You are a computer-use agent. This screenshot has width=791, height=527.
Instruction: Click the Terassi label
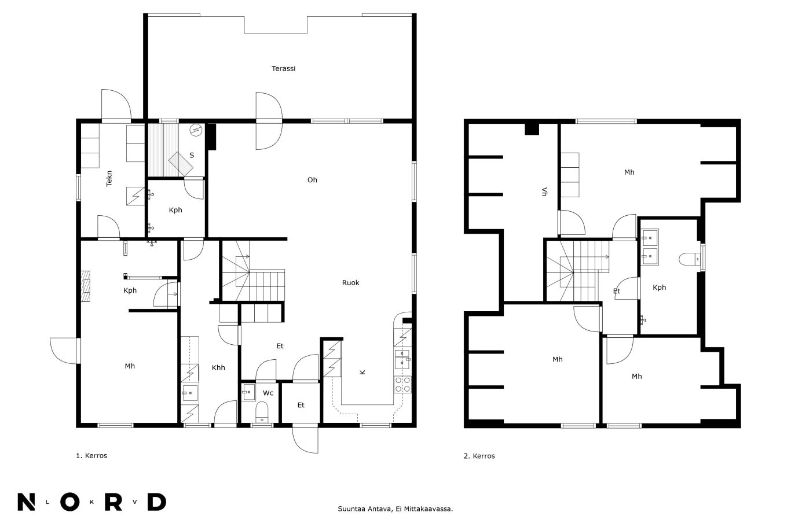[x=283, y=68]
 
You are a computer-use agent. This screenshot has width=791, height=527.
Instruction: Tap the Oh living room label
[x=312, y=180]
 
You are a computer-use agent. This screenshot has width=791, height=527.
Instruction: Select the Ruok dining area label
[x=351, y=282]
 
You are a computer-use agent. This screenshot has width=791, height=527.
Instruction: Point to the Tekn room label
[x=109, y=179]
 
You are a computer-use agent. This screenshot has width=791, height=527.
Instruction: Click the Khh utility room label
[x=218, y=367]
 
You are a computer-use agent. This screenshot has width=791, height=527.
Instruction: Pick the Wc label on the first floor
[x=268, y=393]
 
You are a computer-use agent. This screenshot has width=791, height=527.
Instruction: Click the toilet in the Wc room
[x=262, y=412]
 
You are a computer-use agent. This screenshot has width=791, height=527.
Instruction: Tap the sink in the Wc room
[x=248, y=392]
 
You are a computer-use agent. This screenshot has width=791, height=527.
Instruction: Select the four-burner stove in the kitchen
[x=402, y=385]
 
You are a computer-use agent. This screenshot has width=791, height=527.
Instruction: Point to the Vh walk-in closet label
[x=544, y=191]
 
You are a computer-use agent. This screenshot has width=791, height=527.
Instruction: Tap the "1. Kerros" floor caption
[x=91, y=455]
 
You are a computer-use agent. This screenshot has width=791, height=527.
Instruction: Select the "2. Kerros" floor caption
[x=479, y=456]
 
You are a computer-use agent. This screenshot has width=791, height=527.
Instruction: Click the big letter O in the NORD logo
[x=69, y=502]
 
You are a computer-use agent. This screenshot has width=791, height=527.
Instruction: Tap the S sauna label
[x=192, y=155]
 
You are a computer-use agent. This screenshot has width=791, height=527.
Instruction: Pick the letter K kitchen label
[x=362, y=372]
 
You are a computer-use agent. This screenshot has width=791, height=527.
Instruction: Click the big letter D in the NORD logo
[x=157, y=502]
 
